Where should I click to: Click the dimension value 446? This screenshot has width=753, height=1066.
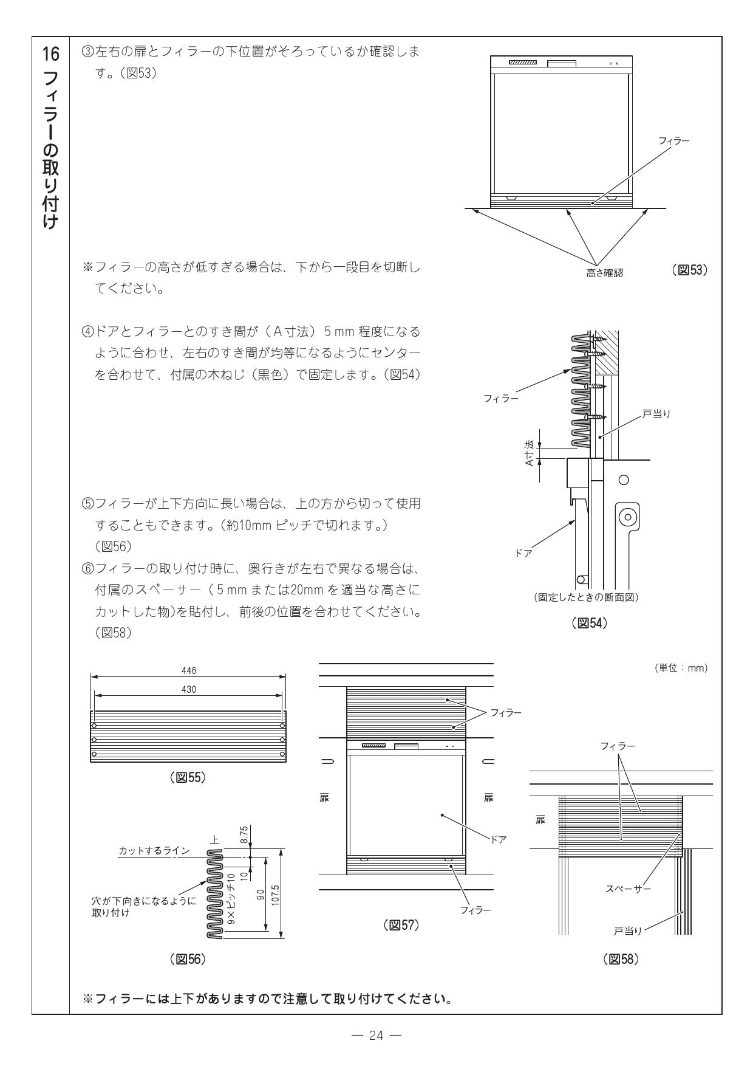pos(189,670)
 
